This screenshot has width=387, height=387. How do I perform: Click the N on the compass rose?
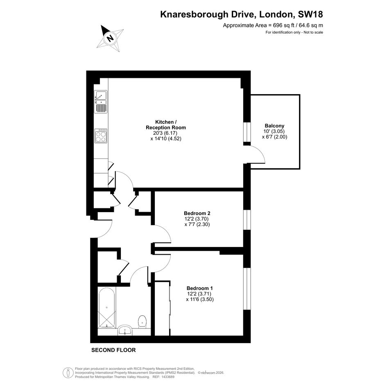click(x=110, y=38)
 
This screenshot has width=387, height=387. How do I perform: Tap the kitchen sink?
click(x=101, y=102)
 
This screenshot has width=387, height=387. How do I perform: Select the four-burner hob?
click(x=101, y=136)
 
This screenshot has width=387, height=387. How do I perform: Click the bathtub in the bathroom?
click(x=106, y=308)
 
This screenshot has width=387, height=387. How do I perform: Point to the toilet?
click(x=143, y=321)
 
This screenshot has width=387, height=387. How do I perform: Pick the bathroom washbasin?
click(x=125, y=330)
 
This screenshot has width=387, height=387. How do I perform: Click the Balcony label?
click(x=274, y=126)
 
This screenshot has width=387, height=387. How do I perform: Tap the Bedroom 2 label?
click(x=197, y=213)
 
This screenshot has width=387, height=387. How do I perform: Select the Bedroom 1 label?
click(x=200, y=288)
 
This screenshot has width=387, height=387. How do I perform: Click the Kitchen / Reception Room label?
click(x=166, y=124)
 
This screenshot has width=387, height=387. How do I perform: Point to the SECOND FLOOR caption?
click(x=113, y=350)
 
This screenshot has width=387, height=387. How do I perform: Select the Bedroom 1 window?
click(x=247, y=289)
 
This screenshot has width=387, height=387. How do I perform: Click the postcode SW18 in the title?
click(x=310, y=14)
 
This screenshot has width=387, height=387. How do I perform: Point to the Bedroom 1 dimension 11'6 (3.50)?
click(x=200, y=300)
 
